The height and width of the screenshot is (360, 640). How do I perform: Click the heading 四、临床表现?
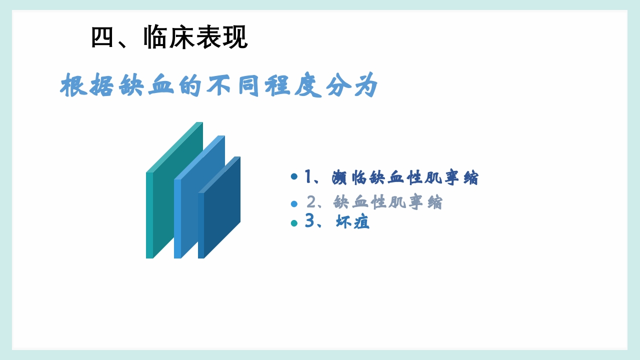169,37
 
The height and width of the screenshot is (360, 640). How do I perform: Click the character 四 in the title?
103,37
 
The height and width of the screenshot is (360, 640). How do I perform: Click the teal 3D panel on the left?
175,190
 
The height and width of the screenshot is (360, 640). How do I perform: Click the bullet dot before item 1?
294,176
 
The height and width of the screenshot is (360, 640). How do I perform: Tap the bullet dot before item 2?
294,203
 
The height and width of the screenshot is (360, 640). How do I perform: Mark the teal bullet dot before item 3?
294,223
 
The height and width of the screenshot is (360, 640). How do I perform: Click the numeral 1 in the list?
308,176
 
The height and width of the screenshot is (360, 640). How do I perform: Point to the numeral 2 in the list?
311,202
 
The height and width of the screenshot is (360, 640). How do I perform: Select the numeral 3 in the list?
309,221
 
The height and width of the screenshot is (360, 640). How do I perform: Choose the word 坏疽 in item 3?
352,222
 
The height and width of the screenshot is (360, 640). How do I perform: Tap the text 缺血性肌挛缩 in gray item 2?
388,202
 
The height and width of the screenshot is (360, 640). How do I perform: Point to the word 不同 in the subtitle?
234,86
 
